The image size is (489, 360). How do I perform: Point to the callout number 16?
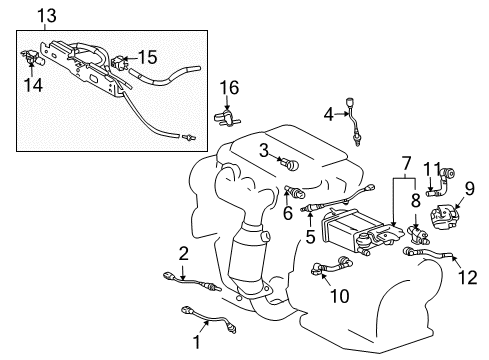pyautogui.click(x=229, y=90)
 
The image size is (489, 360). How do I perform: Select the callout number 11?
pyautogui.click(x=430, y=167)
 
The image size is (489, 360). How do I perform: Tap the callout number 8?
pyautogui.click(x=413, y=208)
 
